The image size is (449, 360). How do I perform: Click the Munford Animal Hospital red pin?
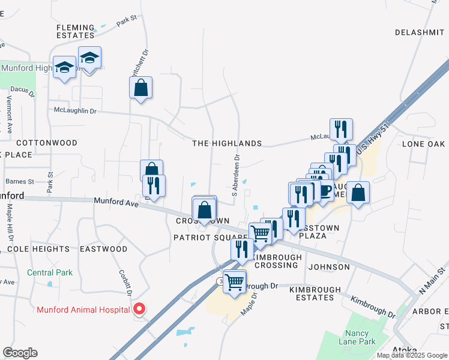[139, 310]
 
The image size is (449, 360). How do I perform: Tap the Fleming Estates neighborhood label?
[76, 31]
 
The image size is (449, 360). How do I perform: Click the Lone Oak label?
[423, 144]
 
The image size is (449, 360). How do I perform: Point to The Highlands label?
[227, 143]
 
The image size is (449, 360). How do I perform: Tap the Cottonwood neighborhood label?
[47, 143]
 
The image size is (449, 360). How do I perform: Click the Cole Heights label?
[38, 248]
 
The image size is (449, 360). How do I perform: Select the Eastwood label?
[103, 248]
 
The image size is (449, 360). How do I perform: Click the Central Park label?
[50, 272]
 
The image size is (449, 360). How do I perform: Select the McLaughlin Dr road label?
[75, 111]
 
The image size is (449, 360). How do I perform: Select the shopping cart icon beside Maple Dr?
[235, 281]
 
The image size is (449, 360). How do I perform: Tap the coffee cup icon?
[325, 191]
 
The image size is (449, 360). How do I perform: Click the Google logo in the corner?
[20, 353]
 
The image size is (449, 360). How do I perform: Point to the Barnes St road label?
[19, 181]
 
